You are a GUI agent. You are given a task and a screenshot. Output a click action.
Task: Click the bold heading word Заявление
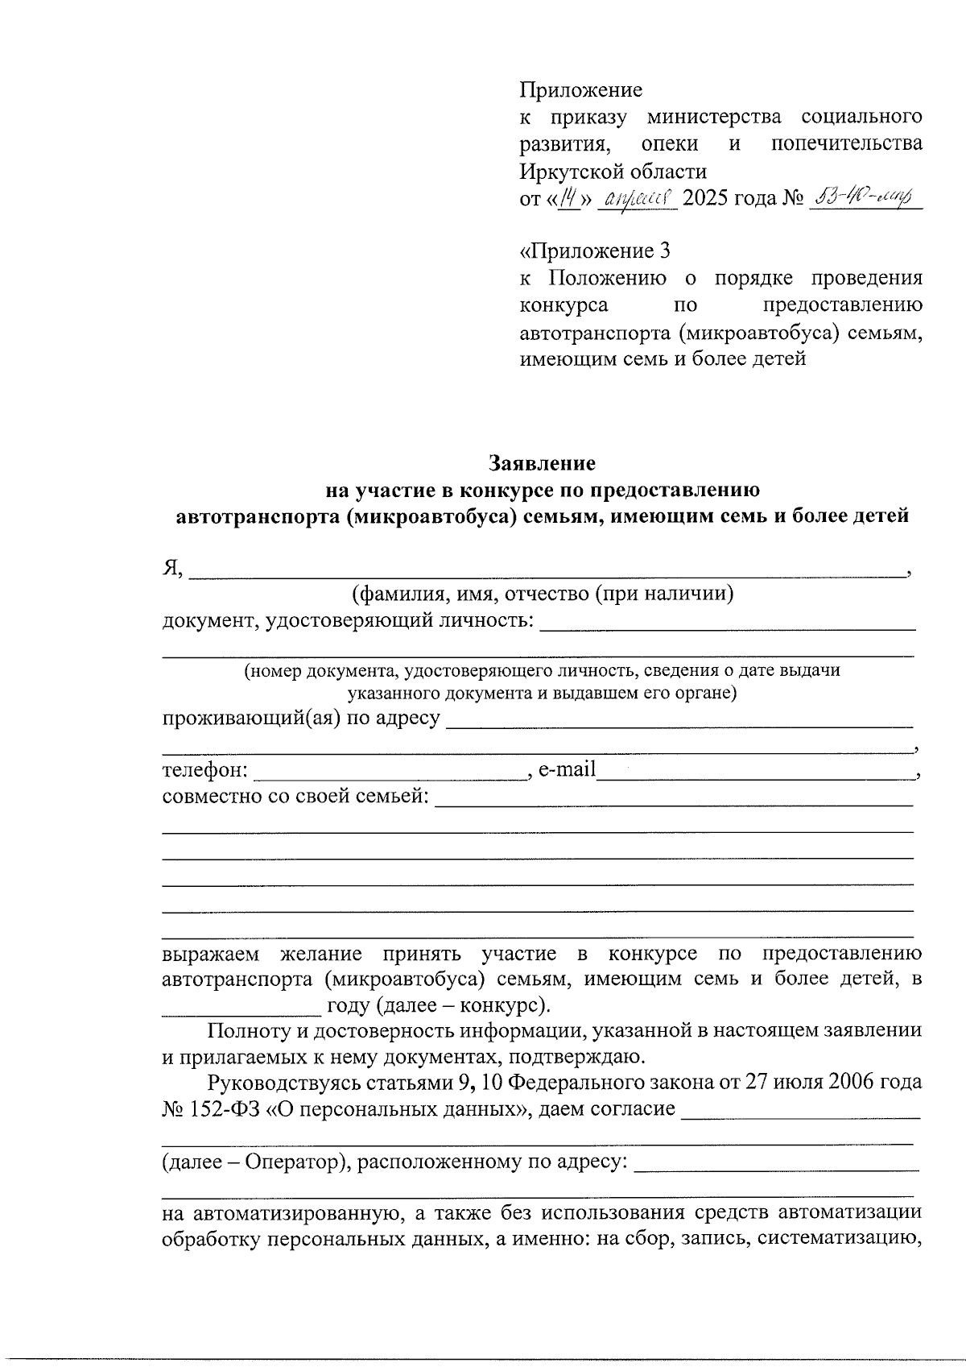[x=543, y=463]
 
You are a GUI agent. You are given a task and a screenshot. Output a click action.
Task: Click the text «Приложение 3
[x=595, y=251]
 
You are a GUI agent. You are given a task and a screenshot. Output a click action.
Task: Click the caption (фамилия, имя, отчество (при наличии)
[x=543, y=594]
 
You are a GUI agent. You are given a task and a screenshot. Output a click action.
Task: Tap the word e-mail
[x=567, y=769]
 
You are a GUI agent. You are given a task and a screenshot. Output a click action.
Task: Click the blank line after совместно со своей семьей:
[x=673, y=800]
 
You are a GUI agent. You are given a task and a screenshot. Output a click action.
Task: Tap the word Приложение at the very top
[x=580, y=89]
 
